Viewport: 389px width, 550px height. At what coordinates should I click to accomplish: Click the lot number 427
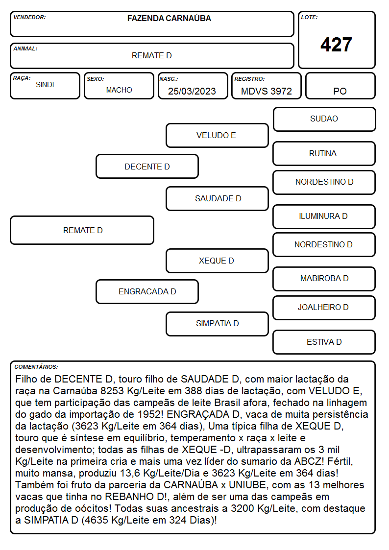point(336,45)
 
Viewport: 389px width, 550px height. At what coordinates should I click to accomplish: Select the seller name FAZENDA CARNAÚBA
point(169,18)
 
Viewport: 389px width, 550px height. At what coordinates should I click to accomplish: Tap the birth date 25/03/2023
point(192,91)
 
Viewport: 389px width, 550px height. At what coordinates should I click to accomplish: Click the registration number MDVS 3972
point(266,91)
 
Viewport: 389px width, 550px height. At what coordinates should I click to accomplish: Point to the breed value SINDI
point(45,85)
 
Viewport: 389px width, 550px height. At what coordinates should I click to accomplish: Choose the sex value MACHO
point(119,90)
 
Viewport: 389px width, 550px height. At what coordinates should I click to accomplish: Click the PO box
point(340,86)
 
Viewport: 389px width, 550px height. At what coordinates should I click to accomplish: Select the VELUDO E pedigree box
point(217,135)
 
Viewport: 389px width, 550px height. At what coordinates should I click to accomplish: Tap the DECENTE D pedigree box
point(147,166)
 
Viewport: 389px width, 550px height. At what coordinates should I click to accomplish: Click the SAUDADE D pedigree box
point(217,198)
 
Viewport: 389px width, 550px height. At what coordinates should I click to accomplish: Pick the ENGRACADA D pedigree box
point(147,291)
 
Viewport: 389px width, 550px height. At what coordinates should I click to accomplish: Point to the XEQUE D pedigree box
point(217,261)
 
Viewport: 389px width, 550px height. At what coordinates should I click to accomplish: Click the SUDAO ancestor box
point(324,120)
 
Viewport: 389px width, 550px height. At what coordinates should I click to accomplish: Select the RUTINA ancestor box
point(324,153)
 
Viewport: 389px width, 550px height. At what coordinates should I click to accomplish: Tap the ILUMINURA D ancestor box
point(324,216)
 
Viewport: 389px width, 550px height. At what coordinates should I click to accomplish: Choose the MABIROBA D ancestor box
point(324,279)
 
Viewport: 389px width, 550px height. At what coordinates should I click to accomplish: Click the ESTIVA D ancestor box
point(324,342)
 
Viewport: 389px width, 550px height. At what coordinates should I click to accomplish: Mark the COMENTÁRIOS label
point(36,367)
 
